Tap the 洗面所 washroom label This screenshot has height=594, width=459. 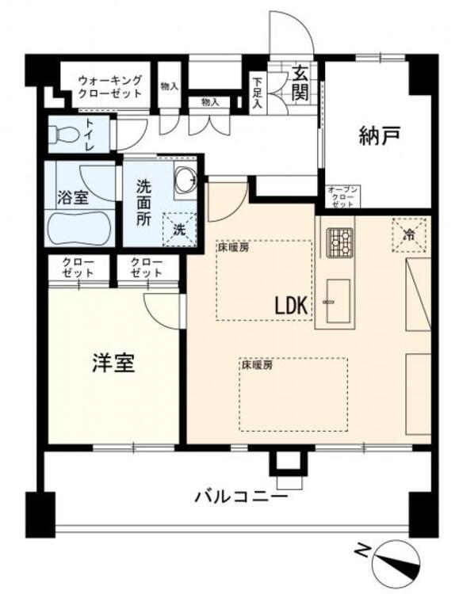143,203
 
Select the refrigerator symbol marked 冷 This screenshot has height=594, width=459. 409,234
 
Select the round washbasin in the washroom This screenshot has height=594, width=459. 185,181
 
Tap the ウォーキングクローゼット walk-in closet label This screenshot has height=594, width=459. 109,86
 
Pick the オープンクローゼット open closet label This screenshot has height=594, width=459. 343,196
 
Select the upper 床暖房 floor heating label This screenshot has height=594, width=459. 233,248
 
